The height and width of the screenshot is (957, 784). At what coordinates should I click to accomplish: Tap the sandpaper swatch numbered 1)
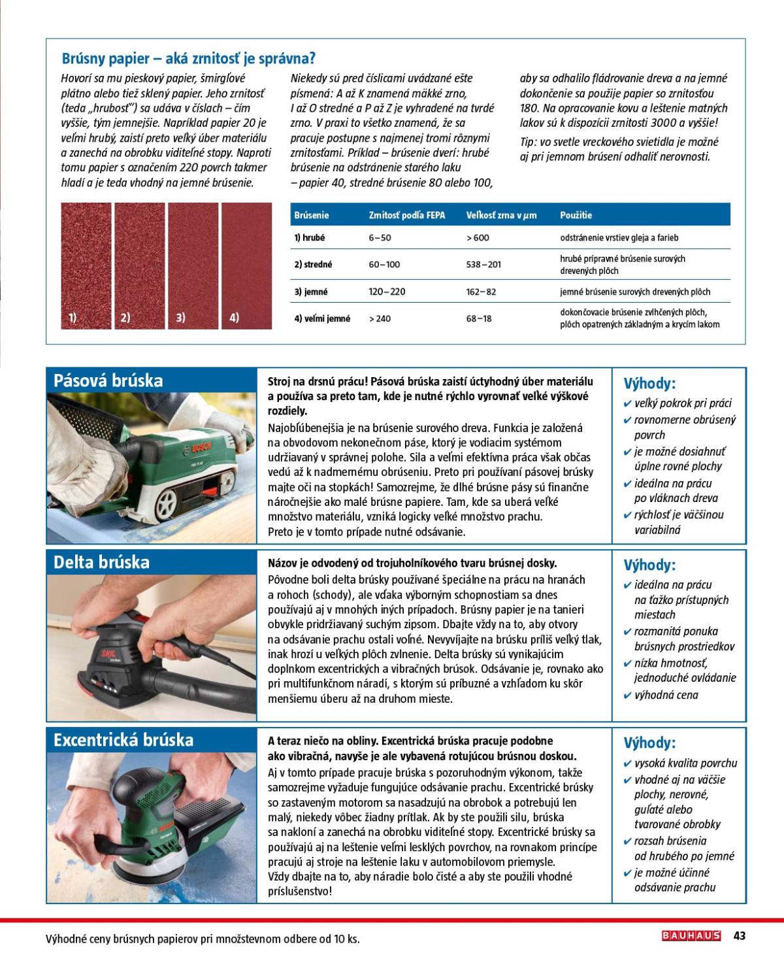click(x=86, y=265)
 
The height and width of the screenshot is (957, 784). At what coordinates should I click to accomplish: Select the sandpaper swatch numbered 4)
click(x=246, y=265)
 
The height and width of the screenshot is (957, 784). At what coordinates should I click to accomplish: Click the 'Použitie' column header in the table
click(x=576, y=215)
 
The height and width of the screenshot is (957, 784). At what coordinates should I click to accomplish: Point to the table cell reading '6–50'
click(x=380, y=238)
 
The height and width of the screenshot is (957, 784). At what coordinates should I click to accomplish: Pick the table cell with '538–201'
click(x=483, y=265)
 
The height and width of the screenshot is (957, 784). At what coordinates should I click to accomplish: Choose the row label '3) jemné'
click(x=311, y=292)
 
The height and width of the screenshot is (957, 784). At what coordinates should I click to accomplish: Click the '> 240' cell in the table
click(x=380, y=319)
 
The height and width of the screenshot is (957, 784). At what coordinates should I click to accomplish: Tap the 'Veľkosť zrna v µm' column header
click(x=501, y=215)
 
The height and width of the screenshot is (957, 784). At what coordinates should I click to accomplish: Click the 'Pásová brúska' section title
click(x=108, y=381)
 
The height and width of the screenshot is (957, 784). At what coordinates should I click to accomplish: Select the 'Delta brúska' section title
click(x=101, y=562)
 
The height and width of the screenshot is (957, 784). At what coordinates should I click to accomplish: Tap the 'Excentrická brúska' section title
click(x=123, y=740)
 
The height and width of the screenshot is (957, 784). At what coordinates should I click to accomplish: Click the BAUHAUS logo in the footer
click(x=691, y=935)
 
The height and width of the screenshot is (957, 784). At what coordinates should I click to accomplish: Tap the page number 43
click(x=740, y=935)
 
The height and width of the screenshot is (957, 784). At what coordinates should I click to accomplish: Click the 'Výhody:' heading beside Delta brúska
click(x=649, y=565)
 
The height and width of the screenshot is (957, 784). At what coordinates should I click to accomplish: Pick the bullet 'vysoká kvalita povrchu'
click(x=685, y=763)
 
